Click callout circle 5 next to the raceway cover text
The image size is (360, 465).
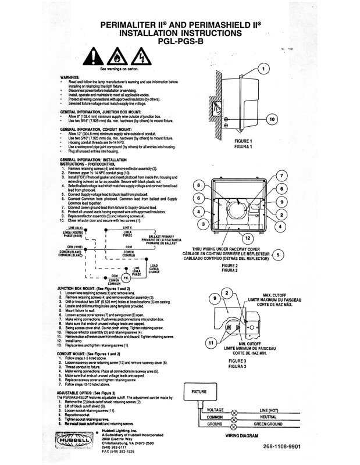(280, 254)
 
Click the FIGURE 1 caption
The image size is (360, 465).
(243, 141)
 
